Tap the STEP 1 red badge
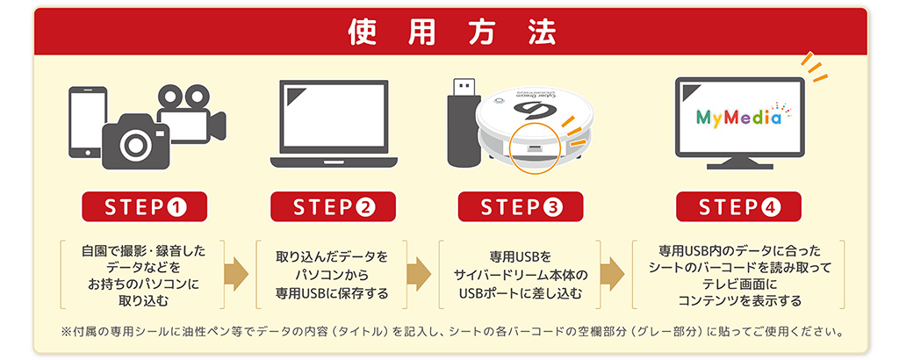click(144, 207)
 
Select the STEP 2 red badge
click(334, 207)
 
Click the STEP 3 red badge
click(521, 207)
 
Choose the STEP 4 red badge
click(738, 207)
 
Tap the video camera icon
click(192, 112)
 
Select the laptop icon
click(334, 124)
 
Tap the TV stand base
click(738, 164)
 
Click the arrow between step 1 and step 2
click(237, 274)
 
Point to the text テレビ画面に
click(739, 284)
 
